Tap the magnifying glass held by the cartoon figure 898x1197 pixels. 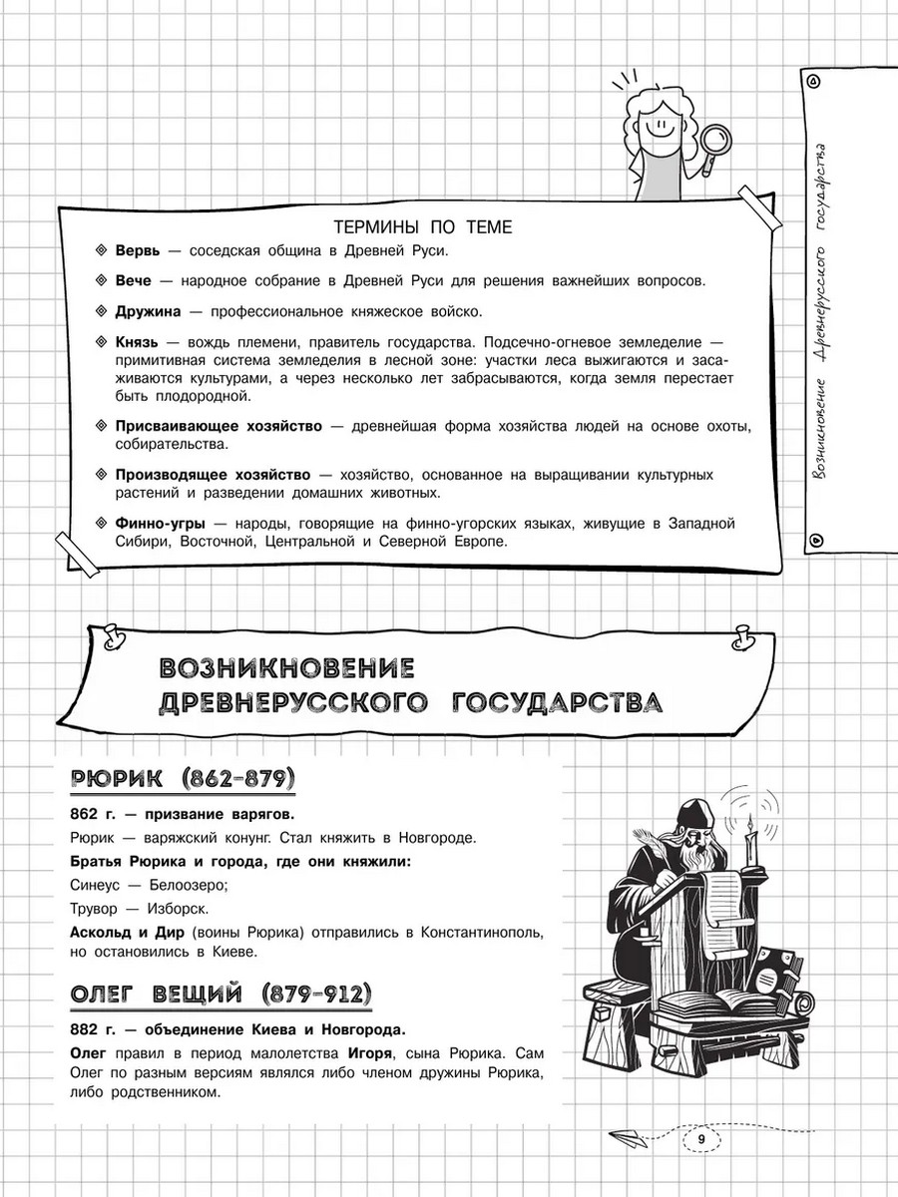[x=711, y=137]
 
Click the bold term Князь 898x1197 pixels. [x=138, y=342]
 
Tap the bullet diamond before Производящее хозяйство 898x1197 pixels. [x=100, y=475]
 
